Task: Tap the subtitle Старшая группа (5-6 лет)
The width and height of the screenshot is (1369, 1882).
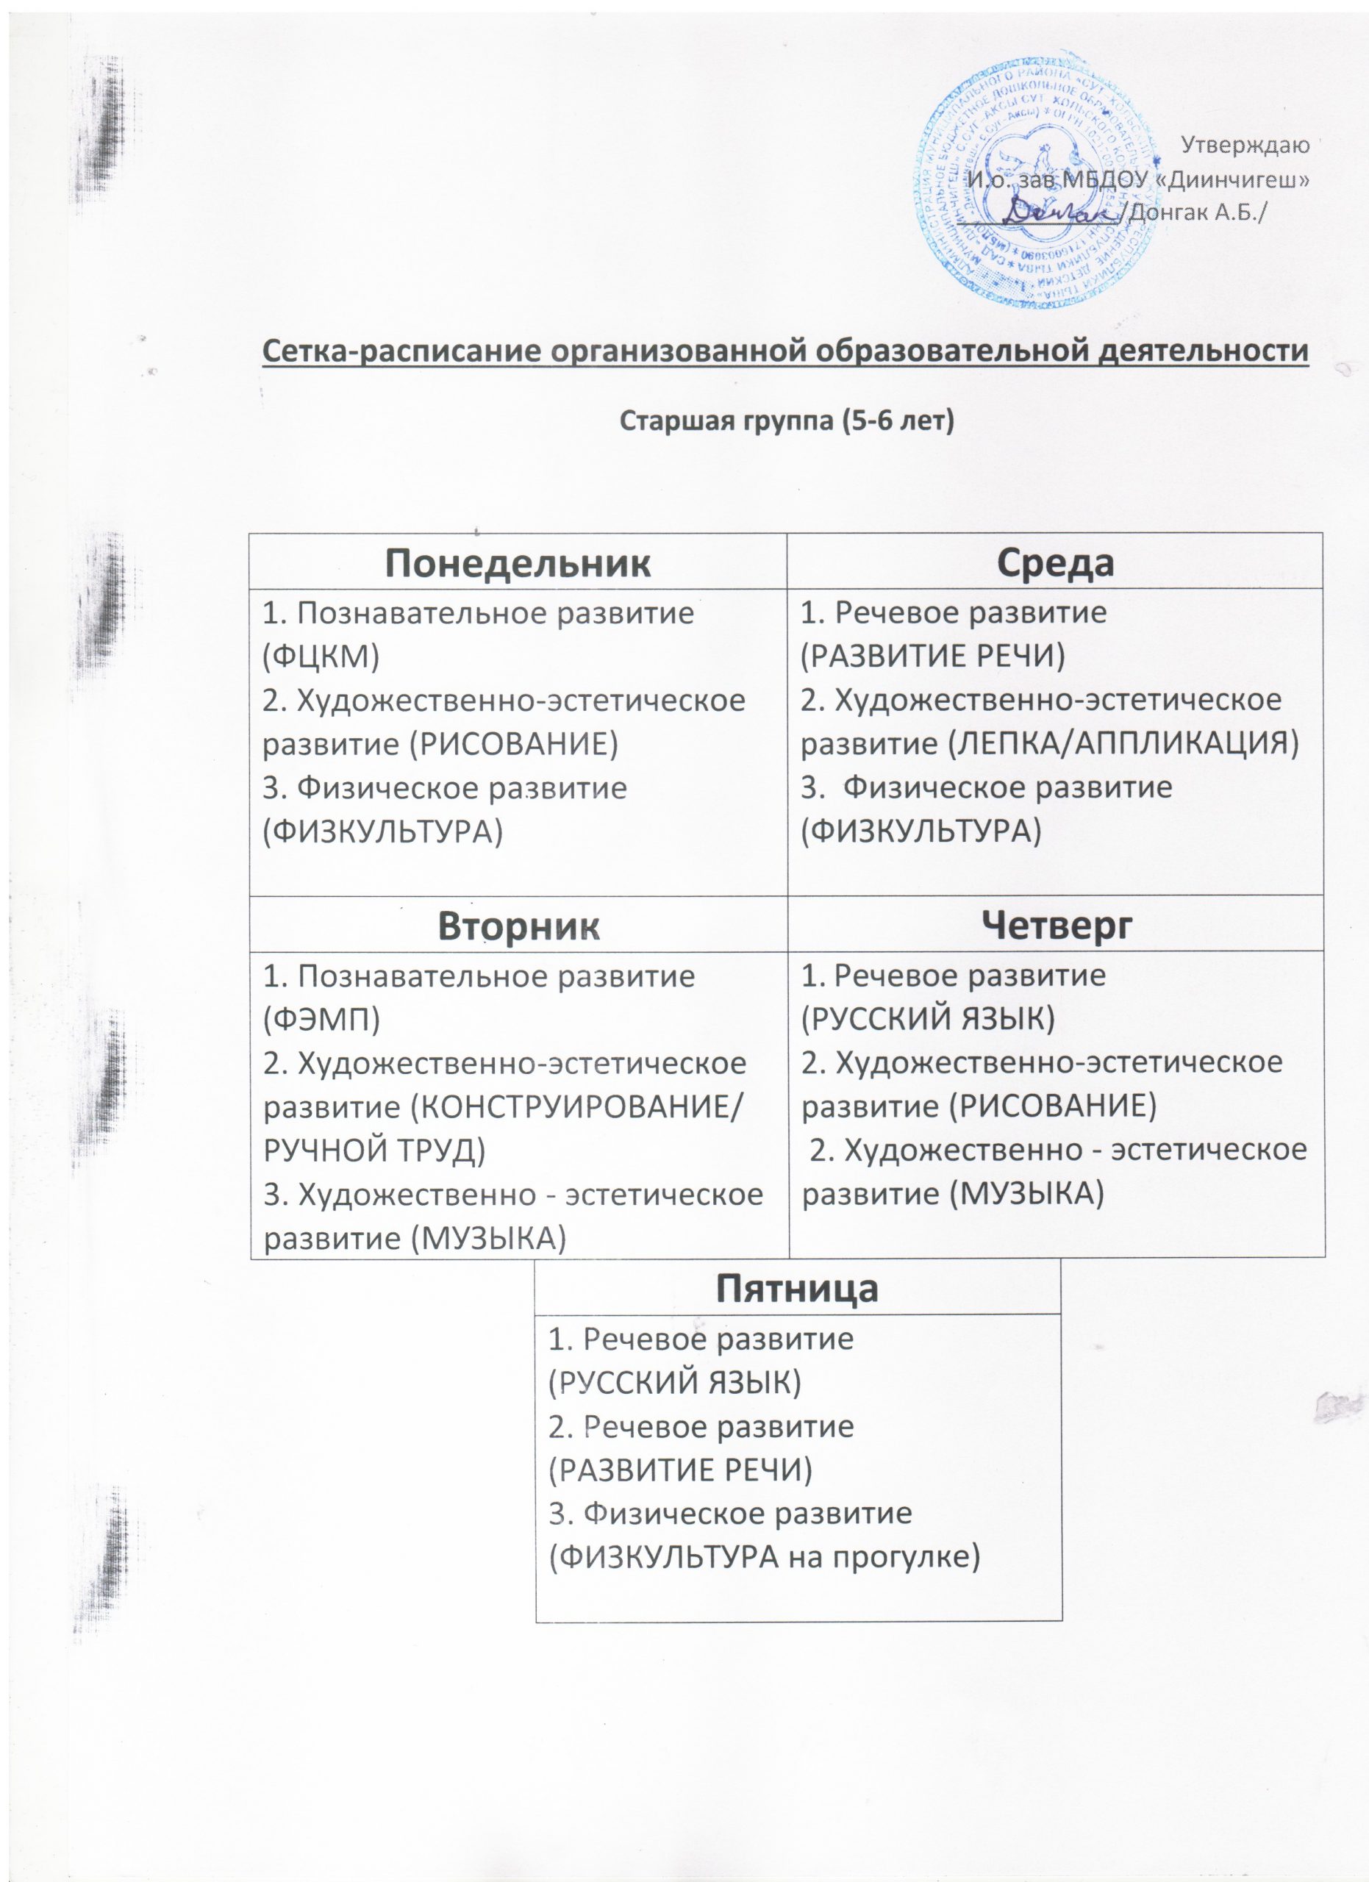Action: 787,421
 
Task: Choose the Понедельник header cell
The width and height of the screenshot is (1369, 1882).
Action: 518,562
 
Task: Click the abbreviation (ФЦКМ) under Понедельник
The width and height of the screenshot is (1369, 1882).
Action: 321,656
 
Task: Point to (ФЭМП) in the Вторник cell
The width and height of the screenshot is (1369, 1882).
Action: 321,1020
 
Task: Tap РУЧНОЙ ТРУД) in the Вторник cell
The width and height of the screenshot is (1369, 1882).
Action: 374,1151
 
